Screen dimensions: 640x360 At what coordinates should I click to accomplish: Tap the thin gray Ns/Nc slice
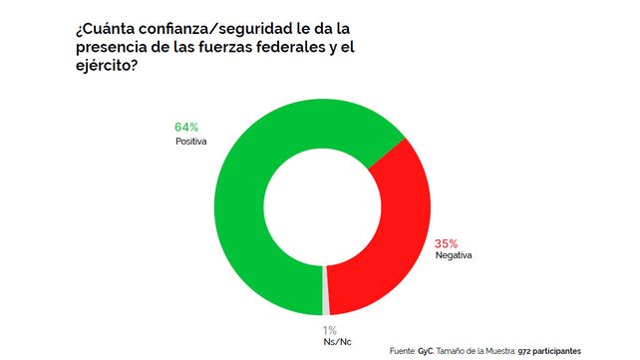pos(326,290)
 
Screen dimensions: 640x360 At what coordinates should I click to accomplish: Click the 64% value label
pos(186,128)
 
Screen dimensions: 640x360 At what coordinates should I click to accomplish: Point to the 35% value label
pos(447,243)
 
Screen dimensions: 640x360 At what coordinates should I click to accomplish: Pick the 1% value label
pos(330,330)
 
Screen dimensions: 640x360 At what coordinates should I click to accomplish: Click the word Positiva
pos(191,142)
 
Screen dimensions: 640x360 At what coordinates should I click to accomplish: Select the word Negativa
pos(454,255)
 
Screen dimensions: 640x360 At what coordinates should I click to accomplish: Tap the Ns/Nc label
pos(337,342)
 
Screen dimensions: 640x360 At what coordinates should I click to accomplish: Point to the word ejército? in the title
pos(106,65)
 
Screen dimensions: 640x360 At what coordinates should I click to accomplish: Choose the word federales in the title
pos(295,47)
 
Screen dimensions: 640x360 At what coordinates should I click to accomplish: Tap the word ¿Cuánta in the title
pos(105,29)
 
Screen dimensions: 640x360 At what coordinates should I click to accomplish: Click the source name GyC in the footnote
pos(426,351)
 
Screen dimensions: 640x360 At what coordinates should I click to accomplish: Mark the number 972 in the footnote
pos(523,351)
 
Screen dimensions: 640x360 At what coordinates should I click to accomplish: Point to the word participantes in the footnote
pos(556,352)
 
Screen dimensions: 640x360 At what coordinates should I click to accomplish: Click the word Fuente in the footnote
pos(402,351)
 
